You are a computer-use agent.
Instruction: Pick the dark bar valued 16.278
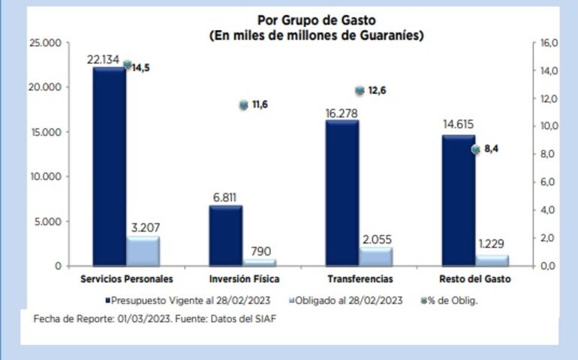pos(342,193)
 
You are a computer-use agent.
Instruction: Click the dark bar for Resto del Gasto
pos(458,200)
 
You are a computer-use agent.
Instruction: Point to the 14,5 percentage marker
pos(127,65)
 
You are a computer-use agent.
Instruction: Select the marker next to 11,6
pos(243,105)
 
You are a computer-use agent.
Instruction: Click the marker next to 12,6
pos(360,91)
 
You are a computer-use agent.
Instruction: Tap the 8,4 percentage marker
pos(475,149)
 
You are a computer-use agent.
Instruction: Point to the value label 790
pos(260,251)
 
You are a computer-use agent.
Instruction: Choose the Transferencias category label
pos(360,279)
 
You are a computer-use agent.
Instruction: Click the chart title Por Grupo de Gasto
pos(316,20)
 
